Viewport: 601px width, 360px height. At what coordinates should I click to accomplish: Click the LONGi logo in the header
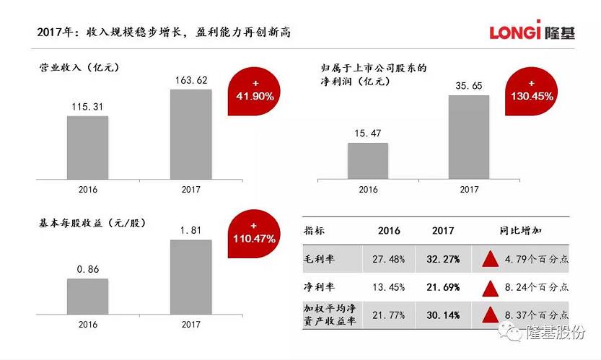(x=532, y=32)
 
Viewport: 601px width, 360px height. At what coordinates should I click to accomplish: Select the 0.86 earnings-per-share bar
(x=87, y=298)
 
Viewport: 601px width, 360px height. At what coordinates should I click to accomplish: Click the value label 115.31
(x=87, y=107)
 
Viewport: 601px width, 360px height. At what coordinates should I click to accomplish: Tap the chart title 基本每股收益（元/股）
(x=92, y=223)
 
